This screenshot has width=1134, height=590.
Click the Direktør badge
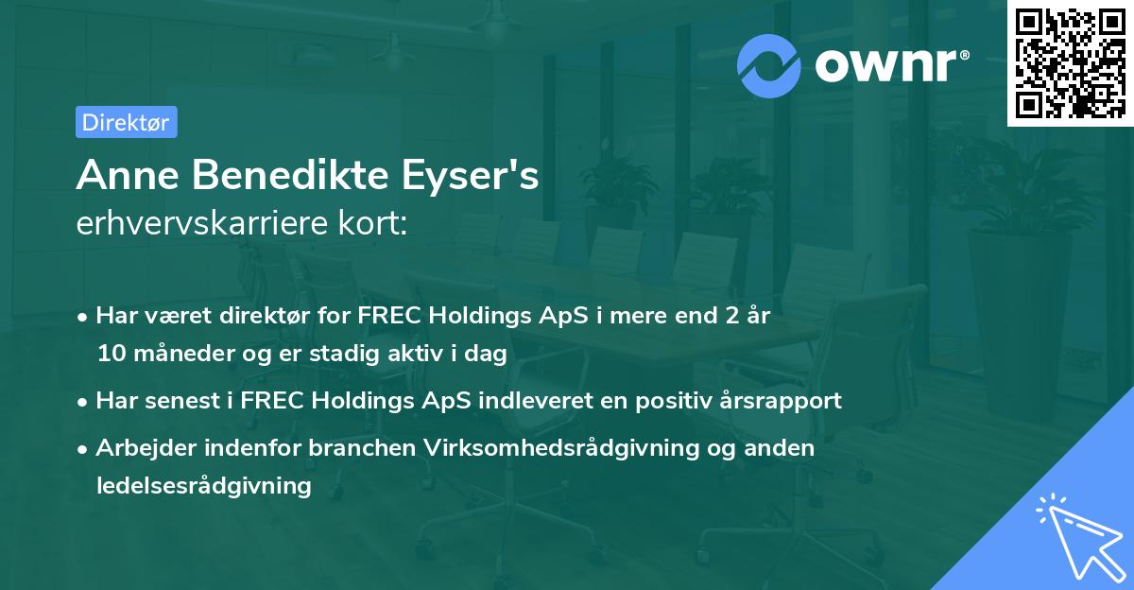click(126, 122)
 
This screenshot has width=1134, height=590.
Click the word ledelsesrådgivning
click(203, 486)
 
